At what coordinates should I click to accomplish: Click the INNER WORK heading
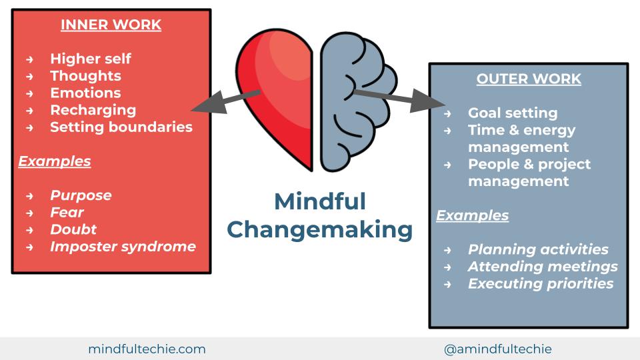click(111, 25)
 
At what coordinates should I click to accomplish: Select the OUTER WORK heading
click(529, 79)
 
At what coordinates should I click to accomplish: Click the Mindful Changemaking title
click(320, 215)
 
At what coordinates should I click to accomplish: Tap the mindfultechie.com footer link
click(147, 349)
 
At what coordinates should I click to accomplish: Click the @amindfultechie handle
click(498, 349)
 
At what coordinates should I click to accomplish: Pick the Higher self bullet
click(91, 59)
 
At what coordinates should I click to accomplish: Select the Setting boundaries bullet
click(121, 127)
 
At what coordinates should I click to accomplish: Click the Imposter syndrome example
click(123, 247)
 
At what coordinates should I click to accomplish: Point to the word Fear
click(67, 213)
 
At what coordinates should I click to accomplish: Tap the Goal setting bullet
click(513, 113)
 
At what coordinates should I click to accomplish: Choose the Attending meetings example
click(543, 267)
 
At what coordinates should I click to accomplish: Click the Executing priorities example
click(541, 283)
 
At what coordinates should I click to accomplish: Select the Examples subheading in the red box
click(55, 161)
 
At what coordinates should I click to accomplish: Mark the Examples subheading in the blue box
click(473, 215)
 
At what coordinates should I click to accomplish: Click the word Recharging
click(93, 110)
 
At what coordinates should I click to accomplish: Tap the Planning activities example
click(538, 249)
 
